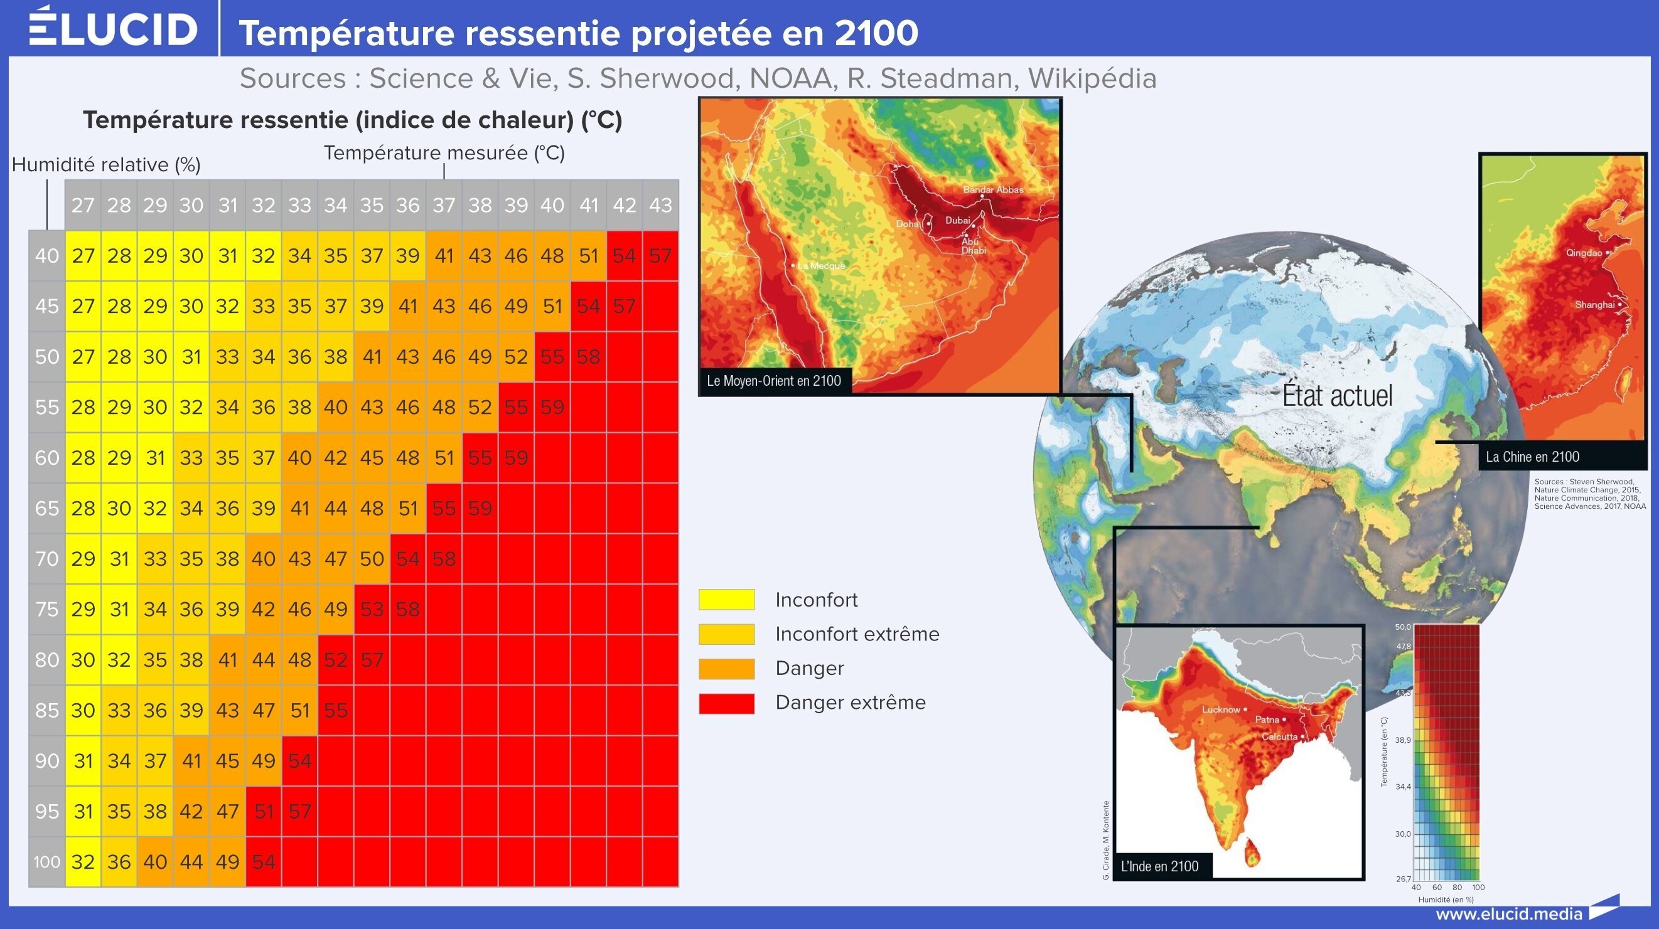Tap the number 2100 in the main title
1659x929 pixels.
tap(876, 33)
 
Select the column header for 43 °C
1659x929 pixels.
tap(661, 204)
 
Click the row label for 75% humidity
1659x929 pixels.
tap(47, 609)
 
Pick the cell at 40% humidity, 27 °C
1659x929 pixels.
tap(83, 255)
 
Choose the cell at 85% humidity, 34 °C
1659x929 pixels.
tap(336, 710)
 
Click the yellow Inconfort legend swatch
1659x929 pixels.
tap(726, 600)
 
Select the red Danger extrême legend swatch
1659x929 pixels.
tap(726, 703)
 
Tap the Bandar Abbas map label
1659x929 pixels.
tap(993, 189)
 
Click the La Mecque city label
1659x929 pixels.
tap(821, 265)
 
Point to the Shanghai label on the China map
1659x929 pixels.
tap(1594, 304)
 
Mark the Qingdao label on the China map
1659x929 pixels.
tap(1584, 252)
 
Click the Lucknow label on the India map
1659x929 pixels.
tap(1221, 709)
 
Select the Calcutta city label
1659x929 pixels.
tap(1280, 736)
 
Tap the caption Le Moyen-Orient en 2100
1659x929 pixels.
tap(774, 381)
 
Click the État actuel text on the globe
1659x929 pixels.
tap(1337, 395)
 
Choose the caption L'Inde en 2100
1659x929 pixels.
tap(1160, 866)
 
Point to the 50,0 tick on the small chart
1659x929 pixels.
tap(1403, 627)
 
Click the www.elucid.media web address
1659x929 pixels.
tap(1509, 913)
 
